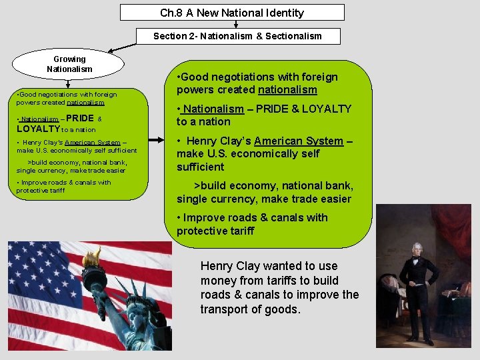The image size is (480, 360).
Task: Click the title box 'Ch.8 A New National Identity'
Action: click(232, 13)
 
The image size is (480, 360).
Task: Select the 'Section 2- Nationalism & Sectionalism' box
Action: click(237, 36)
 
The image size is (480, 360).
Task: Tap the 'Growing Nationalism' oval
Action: click(69, 64)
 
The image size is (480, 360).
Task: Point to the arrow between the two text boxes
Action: click(157, 140)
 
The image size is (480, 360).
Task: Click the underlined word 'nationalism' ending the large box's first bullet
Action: click(287, 89)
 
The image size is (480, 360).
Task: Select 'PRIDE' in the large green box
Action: click(275, 109)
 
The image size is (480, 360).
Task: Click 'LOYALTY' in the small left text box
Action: click(39, 129)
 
